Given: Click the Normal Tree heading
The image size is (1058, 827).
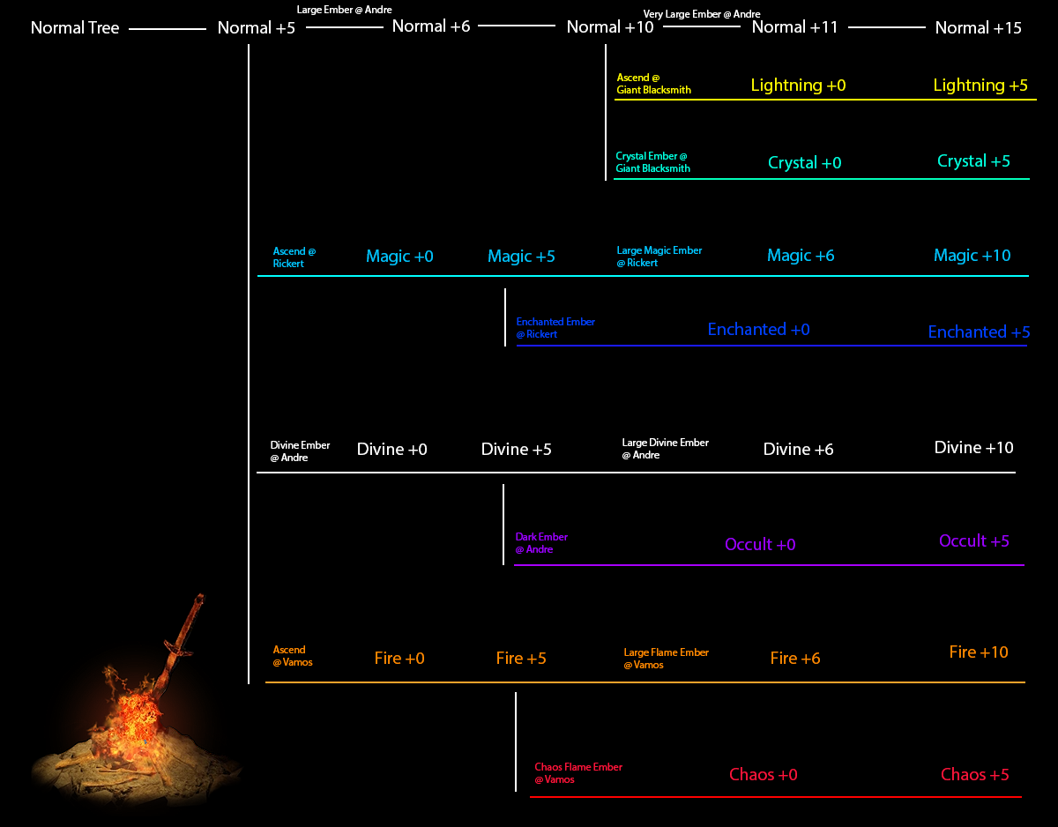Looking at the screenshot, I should [x=75, y=28].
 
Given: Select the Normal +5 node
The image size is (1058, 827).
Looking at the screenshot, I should [x=257, y=28].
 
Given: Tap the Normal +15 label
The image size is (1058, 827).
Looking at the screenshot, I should [x=978, y=28].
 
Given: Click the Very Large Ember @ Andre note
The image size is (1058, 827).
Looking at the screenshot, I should [x=702, y=14].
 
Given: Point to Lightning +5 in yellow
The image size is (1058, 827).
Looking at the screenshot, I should [x=980, y=86].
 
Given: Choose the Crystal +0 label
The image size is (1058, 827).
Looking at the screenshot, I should [x=804, y=163].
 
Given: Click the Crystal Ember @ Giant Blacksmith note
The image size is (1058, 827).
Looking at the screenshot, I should [x=652, y=162].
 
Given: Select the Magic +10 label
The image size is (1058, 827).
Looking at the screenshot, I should [x=972, y=256].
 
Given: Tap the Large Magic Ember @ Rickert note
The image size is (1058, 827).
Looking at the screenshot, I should [x=659, y=257].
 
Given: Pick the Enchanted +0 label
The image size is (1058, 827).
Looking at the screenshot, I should [x=758, y=330].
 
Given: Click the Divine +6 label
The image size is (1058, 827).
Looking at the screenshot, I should [x=798, y=450].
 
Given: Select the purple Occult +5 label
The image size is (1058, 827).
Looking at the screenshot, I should [x=973, y=541].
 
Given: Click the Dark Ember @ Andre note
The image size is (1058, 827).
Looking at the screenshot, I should [x=540, y=543].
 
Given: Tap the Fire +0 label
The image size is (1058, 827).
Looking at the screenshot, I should [x=399, y=659].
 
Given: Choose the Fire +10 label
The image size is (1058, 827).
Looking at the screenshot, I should [x=978, y=652].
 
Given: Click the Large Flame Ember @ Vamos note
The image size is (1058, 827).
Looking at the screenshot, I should [x=666, y=659].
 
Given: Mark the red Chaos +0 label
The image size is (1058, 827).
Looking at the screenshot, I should [x=763, y=775].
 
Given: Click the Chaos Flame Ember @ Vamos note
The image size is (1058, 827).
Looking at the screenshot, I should [x=577, y=773].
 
